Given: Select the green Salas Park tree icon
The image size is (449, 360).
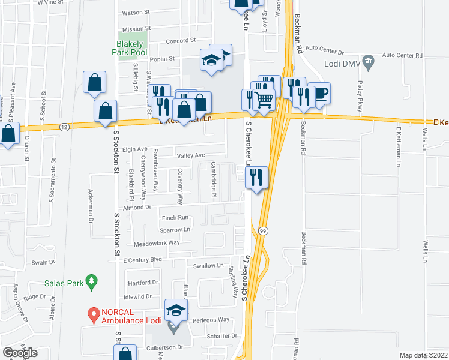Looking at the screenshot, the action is click(x=91, y=280).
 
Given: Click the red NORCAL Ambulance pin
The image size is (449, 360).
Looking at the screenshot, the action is click(x=93, y=313).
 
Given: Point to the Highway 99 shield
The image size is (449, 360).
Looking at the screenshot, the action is click(x=263, y=230).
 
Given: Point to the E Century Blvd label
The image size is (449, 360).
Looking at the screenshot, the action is click(x=143, y=260).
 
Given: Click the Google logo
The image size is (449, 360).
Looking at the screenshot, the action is click(x=20, y=353).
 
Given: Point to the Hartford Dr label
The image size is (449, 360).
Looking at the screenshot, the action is click(x=142, y=282).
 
